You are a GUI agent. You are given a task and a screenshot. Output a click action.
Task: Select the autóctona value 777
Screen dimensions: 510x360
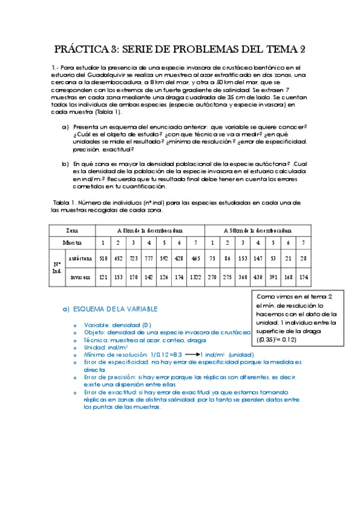149,259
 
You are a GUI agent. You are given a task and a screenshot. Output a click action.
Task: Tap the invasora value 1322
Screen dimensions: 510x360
196,278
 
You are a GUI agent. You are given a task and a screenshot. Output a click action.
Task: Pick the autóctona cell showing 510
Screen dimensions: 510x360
103,259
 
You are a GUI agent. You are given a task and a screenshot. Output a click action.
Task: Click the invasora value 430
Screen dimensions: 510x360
257,278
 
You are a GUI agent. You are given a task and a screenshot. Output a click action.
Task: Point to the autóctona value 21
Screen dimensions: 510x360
288,259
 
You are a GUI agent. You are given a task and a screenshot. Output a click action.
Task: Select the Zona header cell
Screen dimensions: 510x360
72,230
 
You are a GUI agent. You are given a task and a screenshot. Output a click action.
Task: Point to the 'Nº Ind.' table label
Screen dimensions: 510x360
56,268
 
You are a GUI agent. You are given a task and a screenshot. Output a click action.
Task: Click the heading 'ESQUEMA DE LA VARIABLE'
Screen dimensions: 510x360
115,309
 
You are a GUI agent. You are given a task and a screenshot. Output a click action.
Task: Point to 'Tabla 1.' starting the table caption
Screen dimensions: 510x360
64,203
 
